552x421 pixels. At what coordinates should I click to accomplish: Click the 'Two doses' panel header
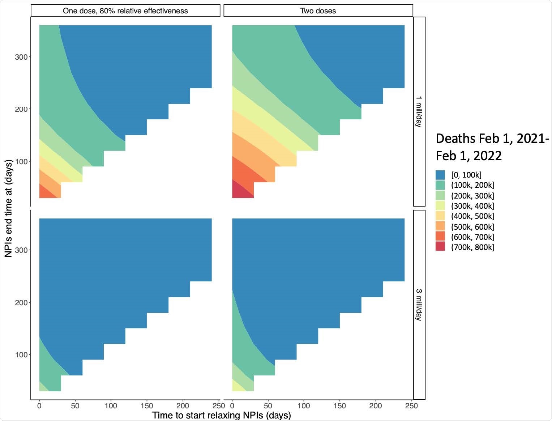[318, 11]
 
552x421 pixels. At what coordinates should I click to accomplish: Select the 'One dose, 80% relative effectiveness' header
[125, 11]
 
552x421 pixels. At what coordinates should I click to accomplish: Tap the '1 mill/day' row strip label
[419, 111]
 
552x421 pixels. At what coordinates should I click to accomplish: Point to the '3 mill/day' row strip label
[419, 305]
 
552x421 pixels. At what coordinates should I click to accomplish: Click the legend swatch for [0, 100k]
[440, 175]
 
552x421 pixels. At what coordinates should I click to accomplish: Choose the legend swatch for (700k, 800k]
[440, 247]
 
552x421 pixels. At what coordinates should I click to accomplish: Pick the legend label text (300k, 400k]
[472, 206]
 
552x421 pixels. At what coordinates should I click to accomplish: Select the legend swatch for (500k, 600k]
[440, 227]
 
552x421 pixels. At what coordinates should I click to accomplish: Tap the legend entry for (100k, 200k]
[472, 185]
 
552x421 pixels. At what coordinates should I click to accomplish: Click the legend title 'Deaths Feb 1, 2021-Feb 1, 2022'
[492, 147]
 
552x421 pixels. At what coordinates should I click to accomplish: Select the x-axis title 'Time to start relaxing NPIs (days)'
[221, 415]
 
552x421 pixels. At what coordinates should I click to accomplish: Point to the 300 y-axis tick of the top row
[21, 57]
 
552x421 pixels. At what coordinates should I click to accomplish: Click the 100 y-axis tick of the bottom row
[21, 355]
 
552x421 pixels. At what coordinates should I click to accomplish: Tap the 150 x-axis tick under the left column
[147, 406]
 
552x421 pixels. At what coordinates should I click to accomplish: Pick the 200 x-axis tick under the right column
[376, 406]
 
